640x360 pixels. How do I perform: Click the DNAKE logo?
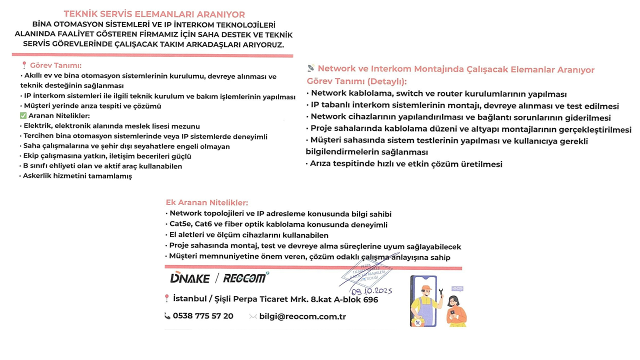(x=189, y=278)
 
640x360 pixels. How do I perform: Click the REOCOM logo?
(x=245, y=278)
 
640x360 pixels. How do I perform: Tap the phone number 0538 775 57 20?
(x=203, y=316)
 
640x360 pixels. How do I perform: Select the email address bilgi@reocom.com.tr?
(x=302, y=316)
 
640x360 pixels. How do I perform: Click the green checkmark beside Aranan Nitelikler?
(x=23, y=115)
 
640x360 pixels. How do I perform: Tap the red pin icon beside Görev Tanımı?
(x=24, y=65)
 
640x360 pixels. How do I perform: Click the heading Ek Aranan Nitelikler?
(x=207, y=203)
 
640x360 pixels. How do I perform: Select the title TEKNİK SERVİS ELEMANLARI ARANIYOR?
(x=154, y=14)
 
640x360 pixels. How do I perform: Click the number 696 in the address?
(x=370, y=299)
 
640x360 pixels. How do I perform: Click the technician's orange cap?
(x=426, y=288)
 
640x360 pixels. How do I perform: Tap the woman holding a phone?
(x=455, y=311)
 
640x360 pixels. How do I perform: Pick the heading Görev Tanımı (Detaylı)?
(x=356, y=81)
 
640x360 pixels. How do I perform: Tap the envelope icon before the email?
(x=253, y=316)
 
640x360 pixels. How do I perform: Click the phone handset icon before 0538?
(x=167, y=316)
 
